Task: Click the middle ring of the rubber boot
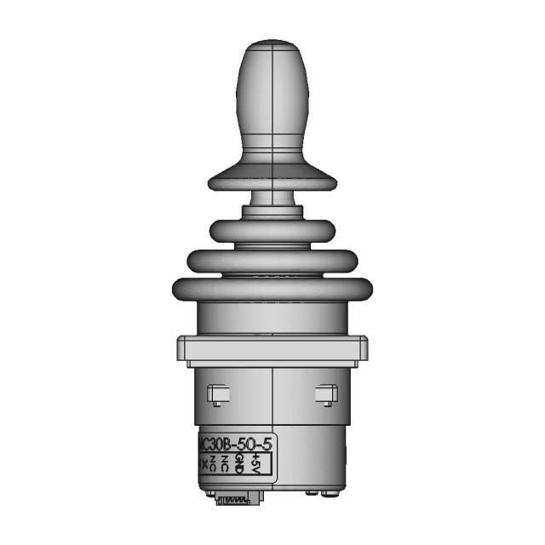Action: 272,261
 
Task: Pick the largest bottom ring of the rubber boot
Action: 272,290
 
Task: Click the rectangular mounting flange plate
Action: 272,350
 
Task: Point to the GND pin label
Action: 240,464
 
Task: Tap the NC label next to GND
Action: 225,464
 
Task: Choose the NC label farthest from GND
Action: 214,464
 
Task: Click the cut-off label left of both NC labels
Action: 203,464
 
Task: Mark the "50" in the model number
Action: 244,444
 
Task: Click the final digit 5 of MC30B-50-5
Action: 266,444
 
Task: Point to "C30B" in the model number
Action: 215,444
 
